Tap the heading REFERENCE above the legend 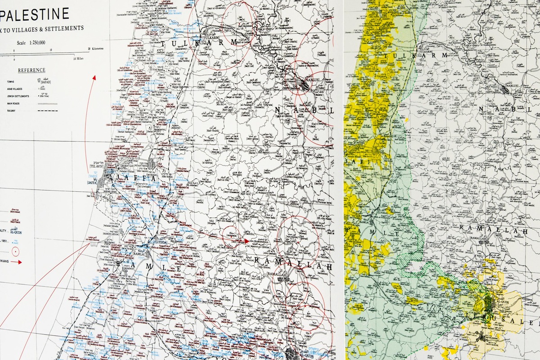pos(31,70)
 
